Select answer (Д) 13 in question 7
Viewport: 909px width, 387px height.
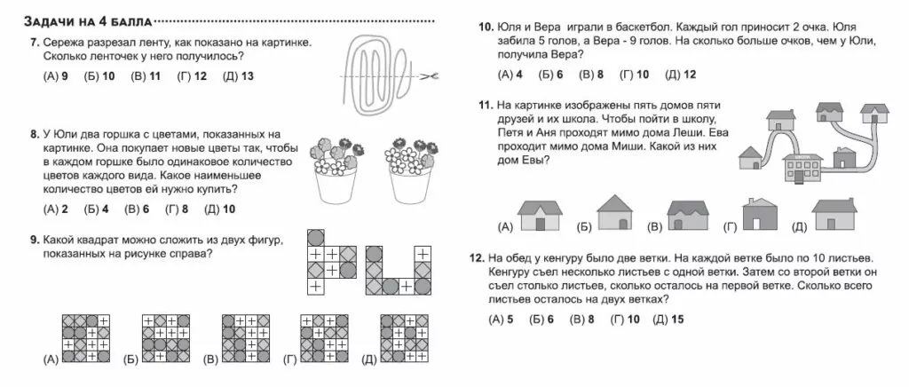pos(238,76)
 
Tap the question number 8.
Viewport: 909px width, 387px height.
pos(33,134)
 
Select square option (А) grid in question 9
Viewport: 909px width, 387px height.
pos(86,338)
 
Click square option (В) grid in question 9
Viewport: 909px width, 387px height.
pos(245,338)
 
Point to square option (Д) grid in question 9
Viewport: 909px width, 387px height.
pos(403,338)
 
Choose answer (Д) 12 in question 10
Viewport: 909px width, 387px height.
pos(681,75)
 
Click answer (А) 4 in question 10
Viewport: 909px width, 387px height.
pos(510,75)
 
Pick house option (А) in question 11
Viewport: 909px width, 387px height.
pos(536,216)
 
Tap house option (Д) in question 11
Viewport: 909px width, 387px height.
pos(834,216)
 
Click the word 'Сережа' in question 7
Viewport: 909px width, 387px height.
pos(62,42)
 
